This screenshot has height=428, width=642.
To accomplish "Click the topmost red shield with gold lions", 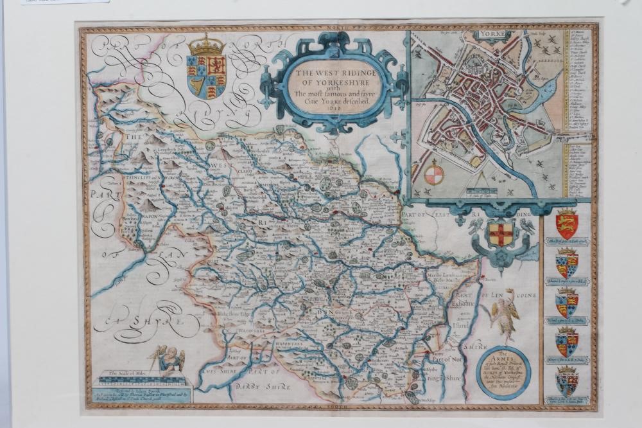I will point(567,223).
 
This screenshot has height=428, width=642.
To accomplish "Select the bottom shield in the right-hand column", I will point(567,382).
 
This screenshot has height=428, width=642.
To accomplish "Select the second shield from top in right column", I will point(567,263).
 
